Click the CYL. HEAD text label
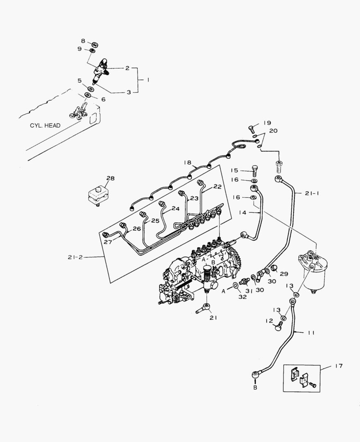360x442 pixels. (x=45, y=126)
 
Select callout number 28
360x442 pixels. (x=111, y=178)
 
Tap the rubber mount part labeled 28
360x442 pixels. (x=99, y=194)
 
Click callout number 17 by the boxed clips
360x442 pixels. (x=338, y=366)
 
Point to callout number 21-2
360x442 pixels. (x=75, y=257)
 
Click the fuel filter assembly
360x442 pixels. (x=313, y=272)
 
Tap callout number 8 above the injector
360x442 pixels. (x=83, y=41)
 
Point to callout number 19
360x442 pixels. (x=267, y=123)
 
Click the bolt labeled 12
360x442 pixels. (x=279, y=325)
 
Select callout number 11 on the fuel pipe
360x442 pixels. (x=311, y=333)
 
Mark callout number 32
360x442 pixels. (x=243, y=297)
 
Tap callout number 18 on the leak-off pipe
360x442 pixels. (x=188, y=162)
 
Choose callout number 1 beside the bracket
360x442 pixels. (x=148, y=80)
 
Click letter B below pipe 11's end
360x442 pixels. (x=255, y=387)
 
